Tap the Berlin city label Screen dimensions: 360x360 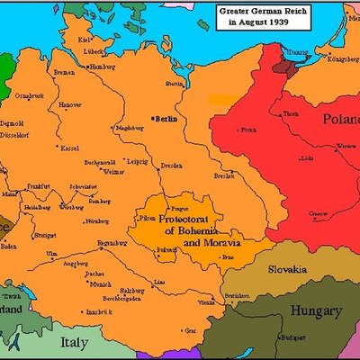163,119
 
